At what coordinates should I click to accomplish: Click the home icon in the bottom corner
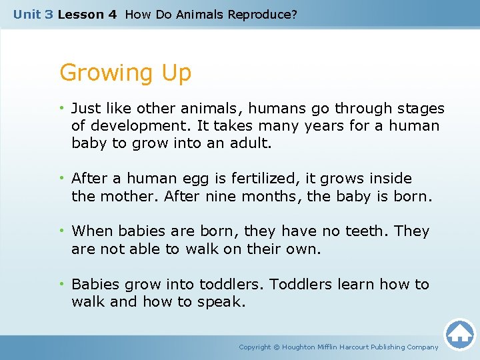(x=459, y=334)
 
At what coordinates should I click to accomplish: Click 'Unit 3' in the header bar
(x=33, y=14)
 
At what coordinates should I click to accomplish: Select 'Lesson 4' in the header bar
(x=87, y=14)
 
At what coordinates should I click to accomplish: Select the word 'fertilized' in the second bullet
(x=263, y=179)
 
